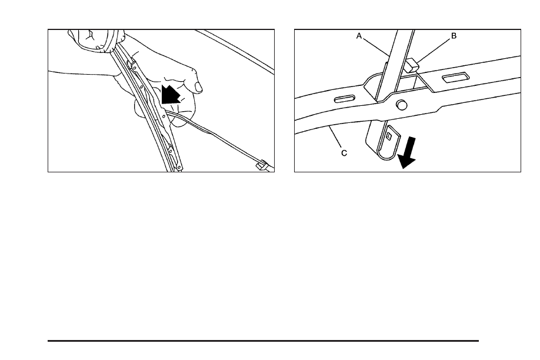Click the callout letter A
tap(359, 36)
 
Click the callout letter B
tap(454, 36)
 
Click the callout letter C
tap(344, 153)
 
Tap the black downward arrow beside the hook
tap(408, 152)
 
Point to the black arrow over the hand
tap(170, 94)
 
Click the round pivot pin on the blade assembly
tap(402, 104)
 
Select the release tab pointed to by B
tap(411, 65)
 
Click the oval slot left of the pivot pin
tap(345, 98)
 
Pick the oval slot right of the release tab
tap(456, 77)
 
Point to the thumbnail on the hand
tap(199, 86)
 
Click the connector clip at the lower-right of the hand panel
tap(262, 165)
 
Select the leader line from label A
tap(376, 47)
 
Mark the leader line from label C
tap(335, 137)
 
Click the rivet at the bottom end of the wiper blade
tap(179, 168)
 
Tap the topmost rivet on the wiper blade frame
tap(134, 68)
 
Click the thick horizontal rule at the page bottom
tap(263, 341)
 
